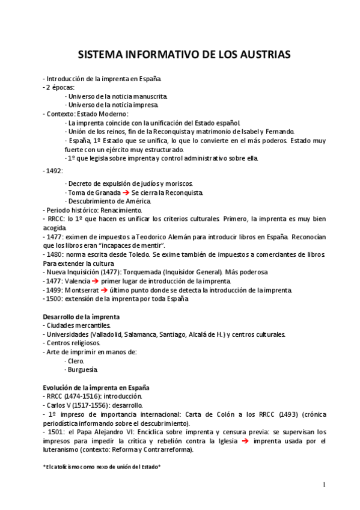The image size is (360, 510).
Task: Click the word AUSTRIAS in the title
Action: [261, 55]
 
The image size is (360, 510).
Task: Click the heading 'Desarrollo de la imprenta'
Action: [81, 317]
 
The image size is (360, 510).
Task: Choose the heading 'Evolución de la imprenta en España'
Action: [96, 388]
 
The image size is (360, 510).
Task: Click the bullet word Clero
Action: [76, 361]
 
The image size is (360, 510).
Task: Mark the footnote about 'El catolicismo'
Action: [102, 467]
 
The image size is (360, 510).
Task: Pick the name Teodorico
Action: [144, 237]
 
